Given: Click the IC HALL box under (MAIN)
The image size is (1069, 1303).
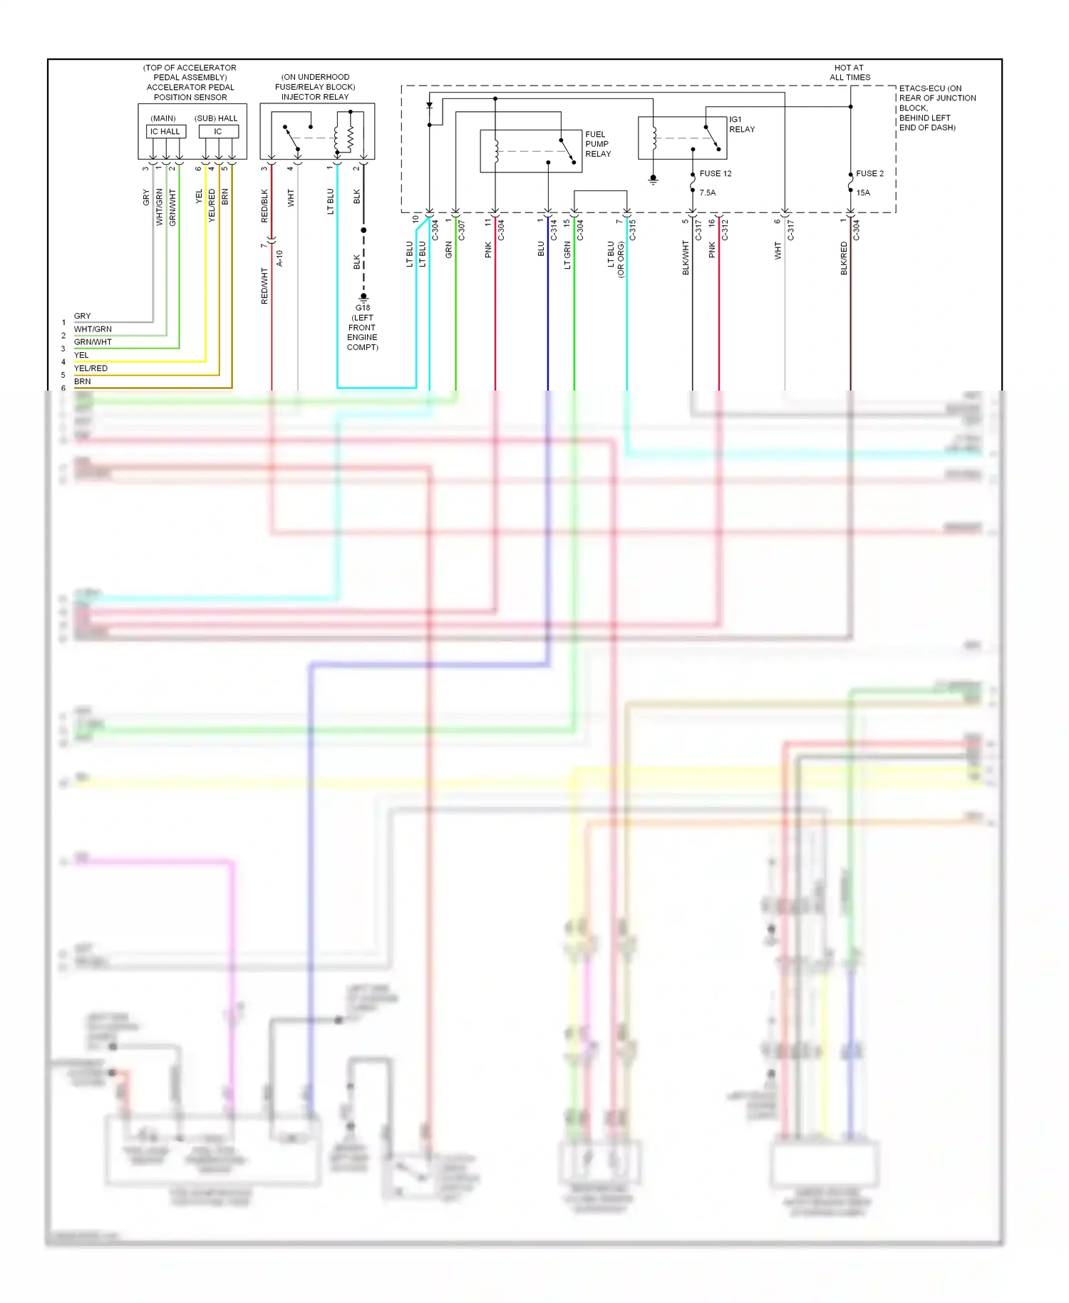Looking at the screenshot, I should coord(165,131).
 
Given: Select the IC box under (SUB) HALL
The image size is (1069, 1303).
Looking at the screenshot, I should coord(218,131).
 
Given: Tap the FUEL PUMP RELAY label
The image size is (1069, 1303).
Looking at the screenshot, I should coord(598,144).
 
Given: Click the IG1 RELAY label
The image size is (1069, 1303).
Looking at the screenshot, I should coord(741,125).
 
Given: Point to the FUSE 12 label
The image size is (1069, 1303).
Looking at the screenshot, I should coord(715,173).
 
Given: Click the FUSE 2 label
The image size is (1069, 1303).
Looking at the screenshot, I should coord(869,173).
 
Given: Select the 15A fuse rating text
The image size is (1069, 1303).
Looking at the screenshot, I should coord(863,192).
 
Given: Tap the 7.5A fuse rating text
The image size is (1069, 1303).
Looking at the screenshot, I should coord(707,192).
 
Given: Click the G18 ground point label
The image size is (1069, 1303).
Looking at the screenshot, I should coord(363,308).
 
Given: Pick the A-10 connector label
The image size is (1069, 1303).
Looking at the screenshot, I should coord(280,257).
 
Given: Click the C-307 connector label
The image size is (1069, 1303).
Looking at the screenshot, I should coord(462,230).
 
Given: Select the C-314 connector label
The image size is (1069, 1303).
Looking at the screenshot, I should coord(554,230).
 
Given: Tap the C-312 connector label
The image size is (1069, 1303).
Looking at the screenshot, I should coord(725,230).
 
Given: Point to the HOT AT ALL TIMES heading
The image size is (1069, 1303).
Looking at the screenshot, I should coord(849,73).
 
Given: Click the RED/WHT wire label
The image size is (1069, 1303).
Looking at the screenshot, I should coord(264,286).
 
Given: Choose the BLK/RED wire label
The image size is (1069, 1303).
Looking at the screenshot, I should coord(844,258).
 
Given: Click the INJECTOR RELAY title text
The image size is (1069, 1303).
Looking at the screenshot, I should coord(315,97).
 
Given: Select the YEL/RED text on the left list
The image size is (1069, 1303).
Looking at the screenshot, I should coord(91,369).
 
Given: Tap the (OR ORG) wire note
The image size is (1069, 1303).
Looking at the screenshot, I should coord(621,259).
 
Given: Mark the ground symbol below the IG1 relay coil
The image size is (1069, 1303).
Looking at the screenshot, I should coord(653,180).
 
